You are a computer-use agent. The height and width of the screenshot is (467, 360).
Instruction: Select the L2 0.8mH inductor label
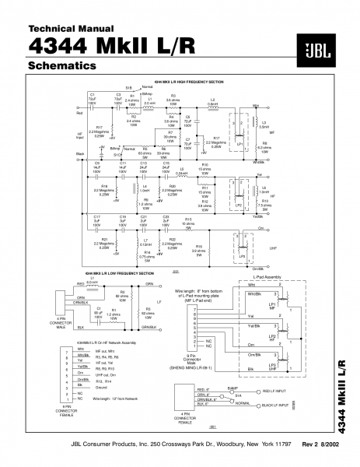click(212, 101)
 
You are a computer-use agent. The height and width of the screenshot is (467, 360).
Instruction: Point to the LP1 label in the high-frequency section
click(239, 143)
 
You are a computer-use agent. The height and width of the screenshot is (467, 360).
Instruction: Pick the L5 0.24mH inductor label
click(182, 170)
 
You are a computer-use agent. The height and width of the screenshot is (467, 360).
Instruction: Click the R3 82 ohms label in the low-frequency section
click(147, 311)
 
